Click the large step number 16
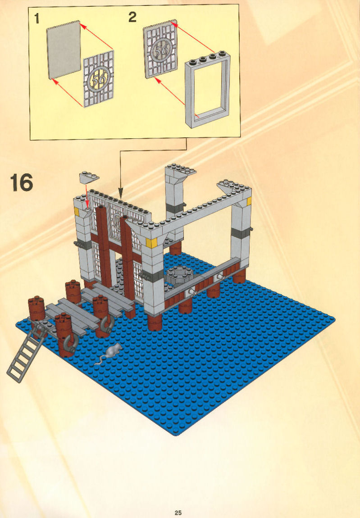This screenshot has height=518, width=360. [22, 183]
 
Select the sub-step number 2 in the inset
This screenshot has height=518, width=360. [132, 17]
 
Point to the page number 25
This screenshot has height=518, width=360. [178, 513]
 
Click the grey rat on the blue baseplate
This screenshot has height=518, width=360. [110, 353]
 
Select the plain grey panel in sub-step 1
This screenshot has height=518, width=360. [64, 50]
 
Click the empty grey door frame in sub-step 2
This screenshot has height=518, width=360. [208, 89]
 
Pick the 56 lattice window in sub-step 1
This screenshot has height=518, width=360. [99, 79]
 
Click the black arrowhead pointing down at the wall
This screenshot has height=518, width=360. [121, 193]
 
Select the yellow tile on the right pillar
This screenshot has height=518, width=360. [249, 201]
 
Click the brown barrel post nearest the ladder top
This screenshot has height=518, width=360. [36, 307]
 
